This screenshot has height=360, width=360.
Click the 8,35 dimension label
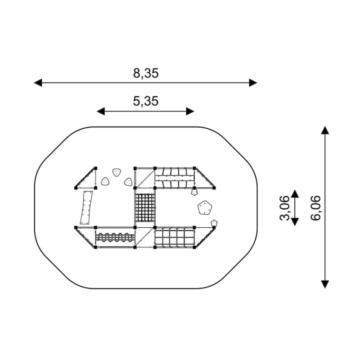[146, 73]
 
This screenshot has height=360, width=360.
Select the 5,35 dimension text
[146, 101]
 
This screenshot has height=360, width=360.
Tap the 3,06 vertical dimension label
[285, 208]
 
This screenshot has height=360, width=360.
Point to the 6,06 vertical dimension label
[316, 208]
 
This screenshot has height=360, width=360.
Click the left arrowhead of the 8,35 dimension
[38, 83]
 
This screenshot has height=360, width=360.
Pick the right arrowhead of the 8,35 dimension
[253, 83]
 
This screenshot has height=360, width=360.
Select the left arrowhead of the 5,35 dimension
[101, 111]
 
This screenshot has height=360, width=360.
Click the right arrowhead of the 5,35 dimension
[190, 111]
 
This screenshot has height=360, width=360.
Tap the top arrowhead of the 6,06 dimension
[325, 130]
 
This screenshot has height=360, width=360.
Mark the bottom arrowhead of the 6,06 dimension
[325, 284]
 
